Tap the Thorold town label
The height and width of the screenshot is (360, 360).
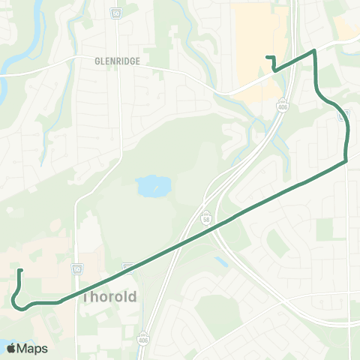pyautogui.click(x=109, y=296)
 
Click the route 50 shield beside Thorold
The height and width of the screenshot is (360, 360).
pyautogui.click(x=77, y=268)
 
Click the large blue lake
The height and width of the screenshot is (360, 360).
pyautogui.click(x=152, y=184)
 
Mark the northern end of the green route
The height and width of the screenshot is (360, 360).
pyautogui.click(x=267, y=57)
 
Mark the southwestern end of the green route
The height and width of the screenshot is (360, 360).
pyautogui.click(x=19, y=270)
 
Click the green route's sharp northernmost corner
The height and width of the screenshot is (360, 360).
pyautogui.click(x=315, y=51)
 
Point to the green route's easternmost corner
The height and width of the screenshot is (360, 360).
pyautogui.click(x=346, y=160)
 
